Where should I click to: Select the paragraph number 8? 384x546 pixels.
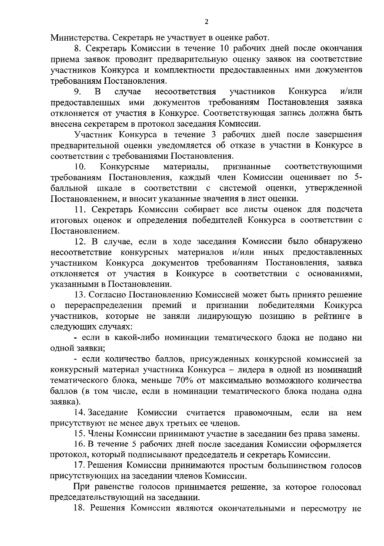tap(76, 49)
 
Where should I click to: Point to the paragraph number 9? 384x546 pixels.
tap(77, 91)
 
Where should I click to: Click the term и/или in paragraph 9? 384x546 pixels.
tap(351, 91)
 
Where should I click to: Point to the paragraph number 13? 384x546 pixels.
tap(79, 295)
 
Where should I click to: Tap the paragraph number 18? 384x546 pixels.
tap(79, 509)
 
